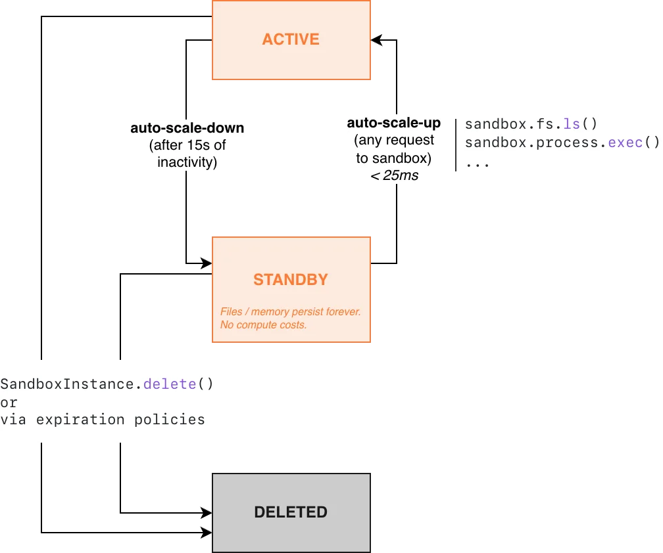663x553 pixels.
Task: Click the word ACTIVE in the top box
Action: tap(291, 39)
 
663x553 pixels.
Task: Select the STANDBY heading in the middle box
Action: tap(291, 280)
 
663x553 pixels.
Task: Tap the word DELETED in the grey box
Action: tap(291, 512)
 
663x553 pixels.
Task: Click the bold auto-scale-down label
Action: tap(187, 128)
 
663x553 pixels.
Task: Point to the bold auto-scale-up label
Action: tap(394, 123)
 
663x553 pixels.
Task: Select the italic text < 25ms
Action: tap(394, 175)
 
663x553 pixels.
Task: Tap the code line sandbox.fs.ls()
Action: tap(531, 124)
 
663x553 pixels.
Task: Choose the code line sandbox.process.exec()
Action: tap(562, 143)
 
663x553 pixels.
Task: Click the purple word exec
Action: tap(626, 143)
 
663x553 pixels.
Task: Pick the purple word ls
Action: tap(572, 124)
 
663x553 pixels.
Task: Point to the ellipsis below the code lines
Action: tap(477, 162)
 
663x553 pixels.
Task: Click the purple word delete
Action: tap(170, 384)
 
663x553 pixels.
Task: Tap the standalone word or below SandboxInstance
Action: tap(9, 402)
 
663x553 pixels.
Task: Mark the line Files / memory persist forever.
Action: tap(290, 312)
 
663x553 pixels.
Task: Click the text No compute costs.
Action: tap(263, 325)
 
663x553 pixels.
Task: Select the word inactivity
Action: tap(187, 162)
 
